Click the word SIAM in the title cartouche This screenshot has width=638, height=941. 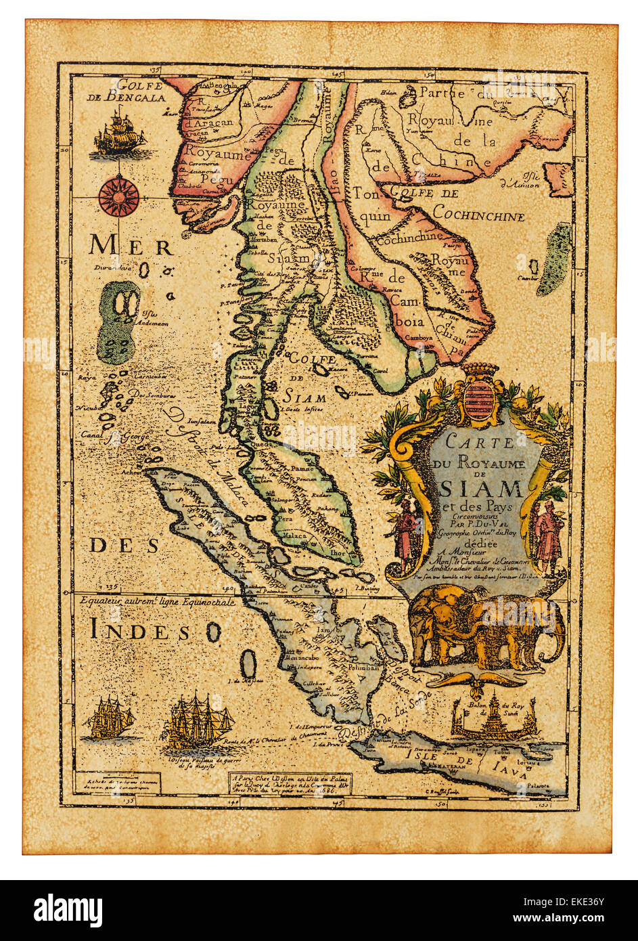click(481, 489)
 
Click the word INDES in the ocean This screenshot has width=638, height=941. click(140, 631)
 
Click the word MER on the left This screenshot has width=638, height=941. click(131, 246)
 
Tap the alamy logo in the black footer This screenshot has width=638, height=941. click(68, 909)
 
